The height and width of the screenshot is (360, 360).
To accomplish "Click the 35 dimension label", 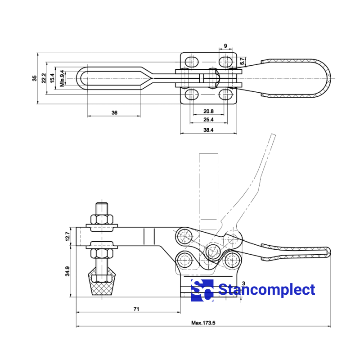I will (35, 78).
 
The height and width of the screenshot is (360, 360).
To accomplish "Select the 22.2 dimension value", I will (44, 78).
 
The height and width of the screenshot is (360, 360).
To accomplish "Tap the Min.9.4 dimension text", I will (62, 78).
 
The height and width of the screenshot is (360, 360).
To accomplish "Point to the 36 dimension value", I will (114, 112).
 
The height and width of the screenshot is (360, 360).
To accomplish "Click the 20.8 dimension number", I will (208, 111).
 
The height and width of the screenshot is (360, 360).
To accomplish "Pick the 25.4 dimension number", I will (208, 120).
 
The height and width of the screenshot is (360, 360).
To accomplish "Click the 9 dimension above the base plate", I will (226, 46).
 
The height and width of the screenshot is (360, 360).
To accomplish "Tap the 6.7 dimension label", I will (243, 61).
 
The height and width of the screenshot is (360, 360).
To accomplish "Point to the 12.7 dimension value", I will (67, 236).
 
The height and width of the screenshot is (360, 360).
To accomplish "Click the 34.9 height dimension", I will (67, 271).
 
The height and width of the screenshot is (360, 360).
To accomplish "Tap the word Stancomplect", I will (266, 290).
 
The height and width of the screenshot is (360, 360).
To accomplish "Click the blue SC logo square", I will (202, 290).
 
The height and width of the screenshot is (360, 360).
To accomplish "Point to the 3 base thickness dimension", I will (243, 283).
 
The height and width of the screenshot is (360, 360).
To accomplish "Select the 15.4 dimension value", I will (53, 78).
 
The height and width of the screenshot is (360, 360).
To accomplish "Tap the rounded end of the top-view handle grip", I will (328, 78).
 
